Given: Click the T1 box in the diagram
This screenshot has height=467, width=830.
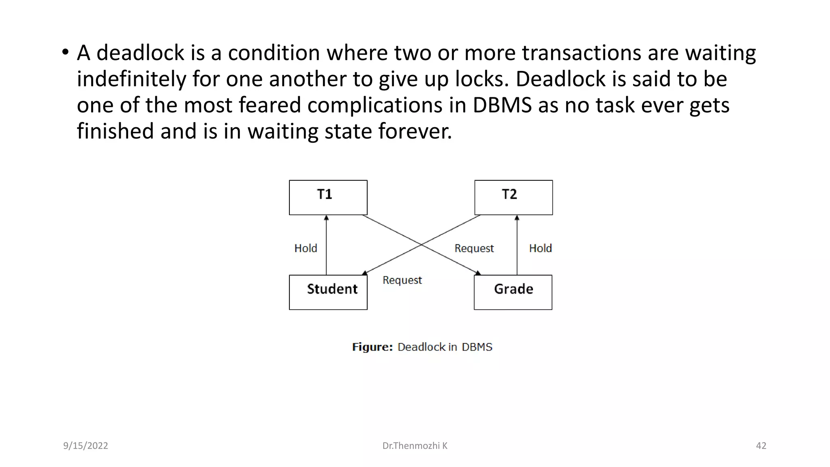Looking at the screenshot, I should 328,197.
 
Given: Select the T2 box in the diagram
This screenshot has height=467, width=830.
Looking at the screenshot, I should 513,197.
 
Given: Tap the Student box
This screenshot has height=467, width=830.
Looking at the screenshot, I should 328,292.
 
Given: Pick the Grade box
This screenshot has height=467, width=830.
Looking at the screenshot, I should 513,292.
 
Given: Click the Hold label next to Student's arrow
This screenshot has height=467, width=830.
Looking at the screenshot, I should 306,248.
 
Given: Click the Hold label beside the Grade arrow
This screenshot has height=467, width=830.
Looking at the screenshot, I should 540,248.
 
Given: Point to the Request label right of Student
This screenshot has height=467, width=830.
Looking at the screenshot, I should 402,280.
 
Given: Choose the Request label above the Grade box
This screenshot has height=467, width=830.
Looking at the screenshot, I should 474,248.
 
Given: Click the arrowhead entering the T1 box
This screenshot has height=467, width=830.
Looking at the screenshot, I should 326,218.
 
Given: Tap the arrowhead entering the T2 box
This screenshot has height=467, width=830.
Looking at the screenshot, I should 517,218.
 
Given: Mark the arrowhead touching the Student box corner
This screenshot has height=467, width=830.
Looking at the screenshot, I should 365,273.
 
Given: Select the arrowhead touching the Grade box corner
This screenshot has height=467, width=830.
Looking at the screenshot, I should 478,273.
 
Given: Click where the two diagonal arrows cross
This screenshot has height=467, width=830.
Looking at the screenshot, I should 421,244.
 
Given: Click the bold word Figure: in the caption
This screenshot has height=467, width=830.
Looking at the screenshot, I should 372,347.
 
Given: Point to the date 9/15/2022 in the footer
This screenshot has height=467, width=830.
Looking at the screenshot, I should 86,446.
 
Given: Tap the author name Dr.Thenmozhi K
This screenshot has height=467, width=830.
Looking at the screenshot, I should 415,446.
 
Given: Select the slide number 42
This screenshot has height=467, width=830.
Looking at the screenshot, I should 761,446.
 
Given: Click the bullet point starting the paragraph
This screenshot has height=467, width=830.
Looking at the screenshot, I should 65,52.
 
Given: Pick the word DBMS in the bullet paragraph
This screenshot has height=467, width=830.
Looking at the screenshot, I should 502,105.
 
